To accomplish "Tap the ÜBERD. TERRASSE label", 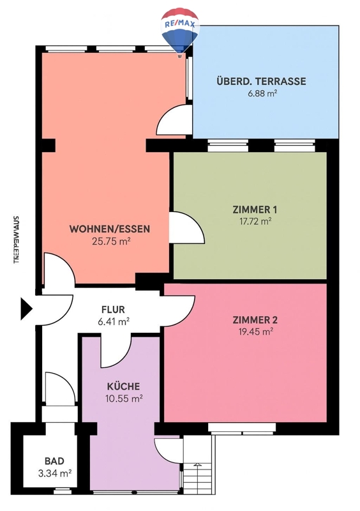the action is (261, 81).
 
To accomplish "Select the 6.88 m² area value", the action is (262, 94).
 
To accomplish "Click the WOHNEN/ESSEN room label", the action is (110, 229).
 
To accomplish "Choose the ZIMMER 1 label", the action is (255, 210).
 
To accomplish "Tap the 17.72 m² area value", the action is (255, 222).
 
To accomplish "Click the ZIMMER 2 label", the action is (255, 320).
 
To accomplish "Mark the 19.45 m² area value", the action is (256, 332).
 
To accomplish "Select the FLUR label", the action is (113, 309).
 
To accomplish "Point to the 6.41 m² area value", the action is (114, 322).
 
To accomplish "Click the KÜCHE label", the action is (123, 386).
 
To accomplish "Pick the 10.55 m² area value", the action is (124, 399).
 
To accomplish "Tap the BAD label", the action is (54, 461).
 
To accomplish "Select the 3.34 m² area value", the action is (55, 473).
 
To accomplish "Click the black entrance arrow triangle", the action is (26, 309).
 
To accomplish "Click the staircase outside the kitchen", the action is (197, 464).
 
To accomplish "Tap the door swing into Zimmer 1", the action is (187, 227).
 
